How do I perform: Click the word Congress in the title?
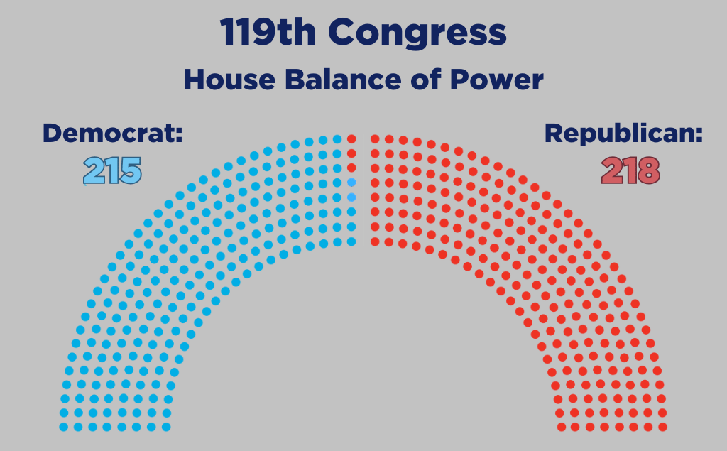[417, 33]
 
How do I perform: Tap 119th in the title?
[268, 32]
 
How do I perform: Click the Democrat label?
[113, 133]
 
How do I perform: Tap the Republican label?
[623, 134]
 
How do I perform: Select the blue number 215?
[112, 170]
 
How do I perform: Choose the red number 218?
[630, 170]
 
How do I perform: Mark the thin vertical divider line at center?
[363, 190]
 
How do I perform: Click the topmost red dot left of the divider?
[351, 138]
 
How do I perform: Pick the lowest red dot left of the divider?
[351, 168]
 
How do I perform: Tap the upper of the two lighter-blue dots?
[351, 183]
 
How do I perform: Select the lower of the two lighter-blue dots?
[351, 197]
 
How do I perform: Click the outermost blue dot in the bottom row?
[63, 427]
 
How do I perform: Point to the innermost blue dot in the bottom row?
[166, 427]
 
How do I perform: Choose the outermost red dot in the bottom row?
[662, 427]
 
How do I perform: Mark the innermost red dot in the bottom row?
[561, 427]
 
